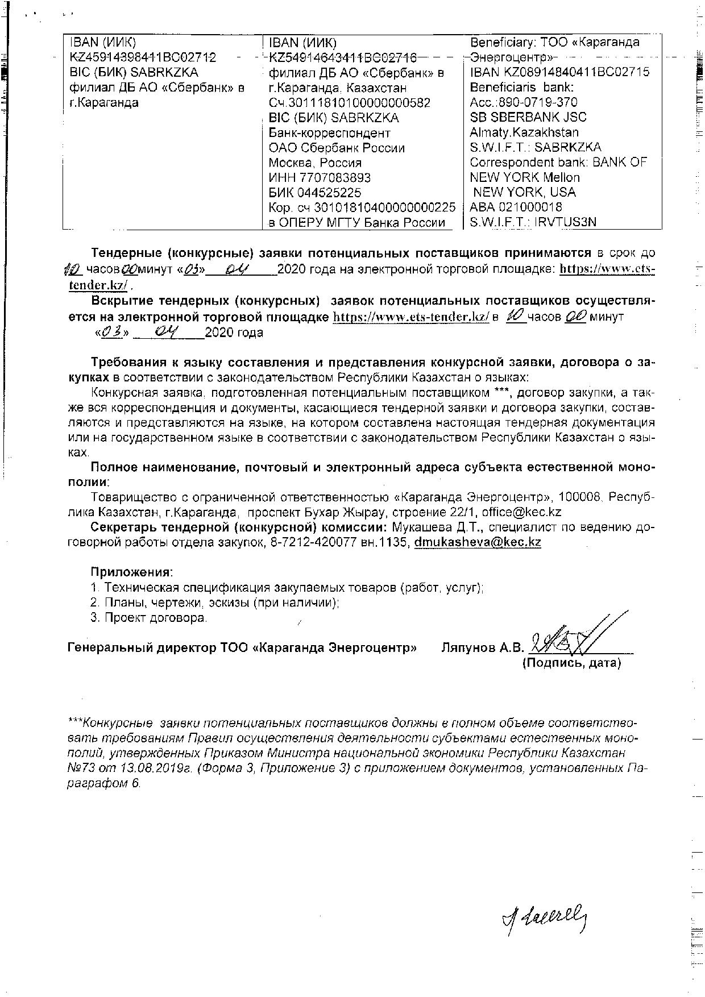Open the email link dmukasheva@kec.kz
point(478,542)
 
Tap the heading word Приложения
point(131,572)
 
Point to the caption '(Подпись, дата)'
point(571,663)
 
